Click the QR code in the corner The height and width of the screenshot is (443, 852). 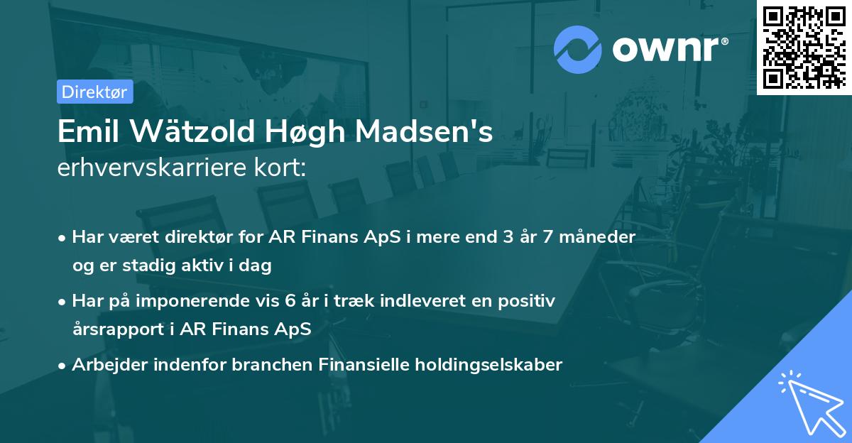click(x=804, y=47)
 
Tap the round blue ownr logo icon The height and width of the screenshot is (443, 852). click(x=577, y=49)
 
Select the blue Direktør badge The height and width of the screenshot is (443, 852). click(x=94, y=92)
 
